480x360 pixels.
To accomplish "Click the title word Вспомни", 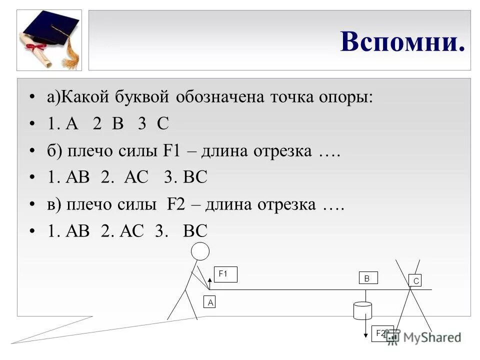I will [x=402, y=41].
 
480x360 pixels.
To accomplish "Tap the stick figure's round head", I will [x=200, y=251].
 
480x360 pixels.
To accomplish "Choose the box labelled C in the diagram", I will [x=415, y=281].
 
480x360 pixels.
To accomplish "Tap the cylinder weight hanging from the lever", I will [x=362, y=310].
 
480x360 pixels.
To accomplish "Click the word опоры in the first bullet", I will [x=346, y=97].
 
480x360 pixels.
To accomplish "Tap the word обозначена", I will [x=220, y=97].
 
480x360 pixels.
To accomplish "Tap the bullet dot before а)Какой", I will [x=32, y=97].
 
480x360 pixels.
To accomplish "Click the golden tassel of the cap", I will [x=72, y=55].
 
